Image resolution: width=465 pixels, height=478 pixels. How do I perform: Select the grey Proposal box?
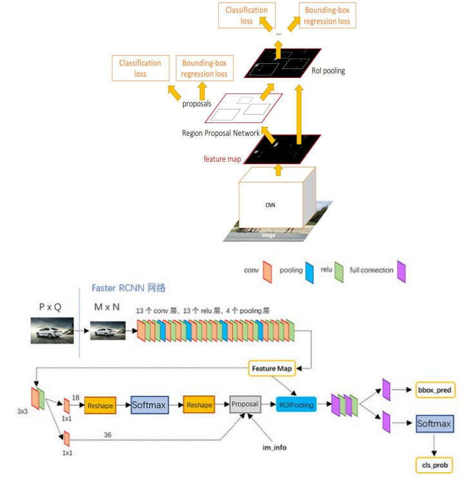tap(244, 405)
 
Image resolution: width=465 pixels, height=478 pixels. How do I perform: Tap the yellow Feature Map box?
tap(270, 368)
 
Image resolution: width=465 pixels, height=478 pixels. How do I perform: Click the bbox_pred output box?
tap(434, 390)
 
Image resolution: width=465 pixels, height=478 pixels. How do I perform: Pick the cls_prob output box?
tap(434, 464)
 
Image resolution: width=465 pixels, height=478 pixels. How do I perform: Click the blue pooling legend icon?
tap(310, 270)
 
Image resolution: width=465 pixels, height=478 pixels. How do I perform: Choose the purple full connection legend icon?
tap(401, 270)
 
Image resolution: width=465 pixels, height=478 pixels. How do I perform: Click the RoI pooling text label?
tap(328, 71)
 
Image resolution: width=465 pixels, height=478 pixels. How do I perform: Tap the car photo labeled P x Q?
tap(50, 330)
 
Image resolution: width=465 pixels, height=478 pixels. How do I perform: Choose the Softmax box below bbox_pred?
tap(434, 423)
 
